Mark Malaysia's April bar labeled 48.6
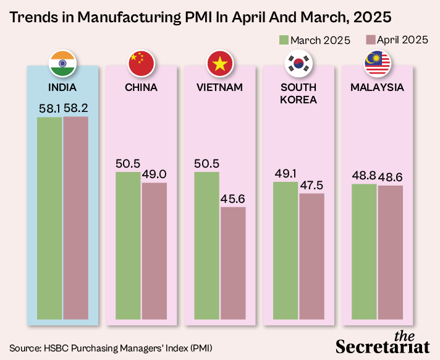pos(391,254)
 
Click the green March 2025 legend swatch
pos(284,40)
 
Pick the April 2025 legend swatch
pos(371,40)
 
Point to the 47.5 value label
pos(311,185)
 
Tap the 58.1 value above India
pos(49,108)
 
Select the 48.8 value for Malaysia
pos(364,176)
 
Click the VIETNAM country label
pos(219,87)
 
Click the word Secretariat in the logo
pos(383,345)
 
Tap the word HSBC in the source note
pos(55,347)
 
